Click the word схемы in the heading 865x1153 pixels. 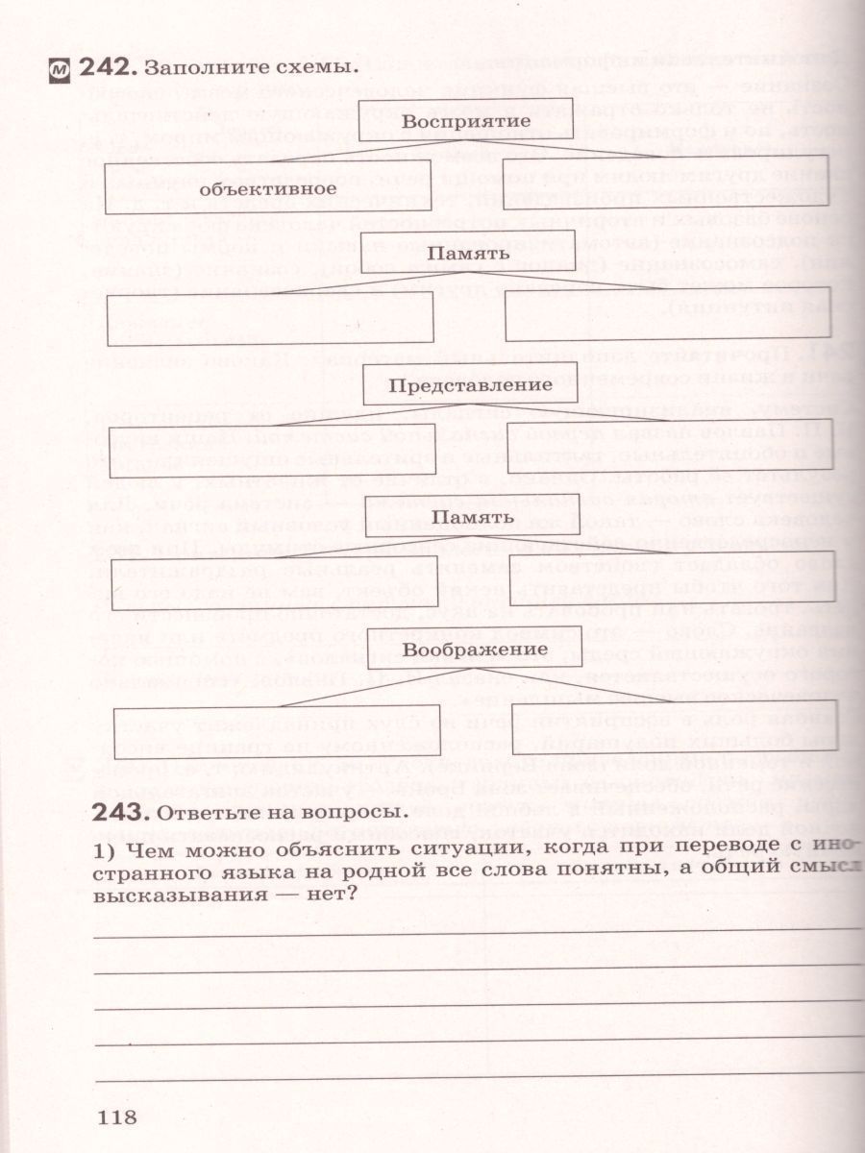click(x=308, y=68)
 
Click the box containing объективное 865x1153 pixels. click(x=268, y=188)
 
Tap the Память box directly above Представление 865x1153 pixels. click(x=467, y=254)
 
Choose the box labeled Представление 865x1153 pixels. click(x=470, y=384)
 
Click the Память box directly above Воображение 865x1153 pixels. click(x=472, y=517)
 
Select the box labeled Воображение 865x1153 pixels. click(x=476, y=649)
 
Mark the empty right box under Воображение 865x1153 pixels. click(x=675, y=725)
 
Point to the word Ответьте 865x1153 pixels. click(x=205, y=813)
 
